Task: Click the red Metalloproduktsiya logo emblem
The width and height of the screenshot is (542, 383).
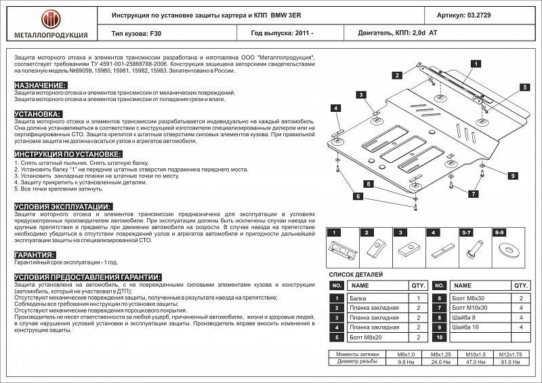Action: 45,16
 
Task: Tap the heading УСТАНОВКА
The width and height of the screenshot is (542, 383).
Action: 38,114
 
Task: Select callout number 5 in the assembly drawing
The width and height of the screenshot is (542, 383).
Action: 524,87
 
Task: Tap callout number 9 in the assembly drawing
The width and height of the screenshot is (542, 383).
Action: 514,176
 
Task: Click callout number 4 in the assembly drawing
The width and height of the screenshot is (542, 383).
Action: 335,108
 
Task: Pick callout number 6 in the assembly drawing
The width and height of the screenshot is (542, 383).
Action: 357,196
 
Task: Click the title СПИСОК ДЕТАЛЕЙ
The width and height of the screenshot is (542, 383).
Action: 356,274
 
